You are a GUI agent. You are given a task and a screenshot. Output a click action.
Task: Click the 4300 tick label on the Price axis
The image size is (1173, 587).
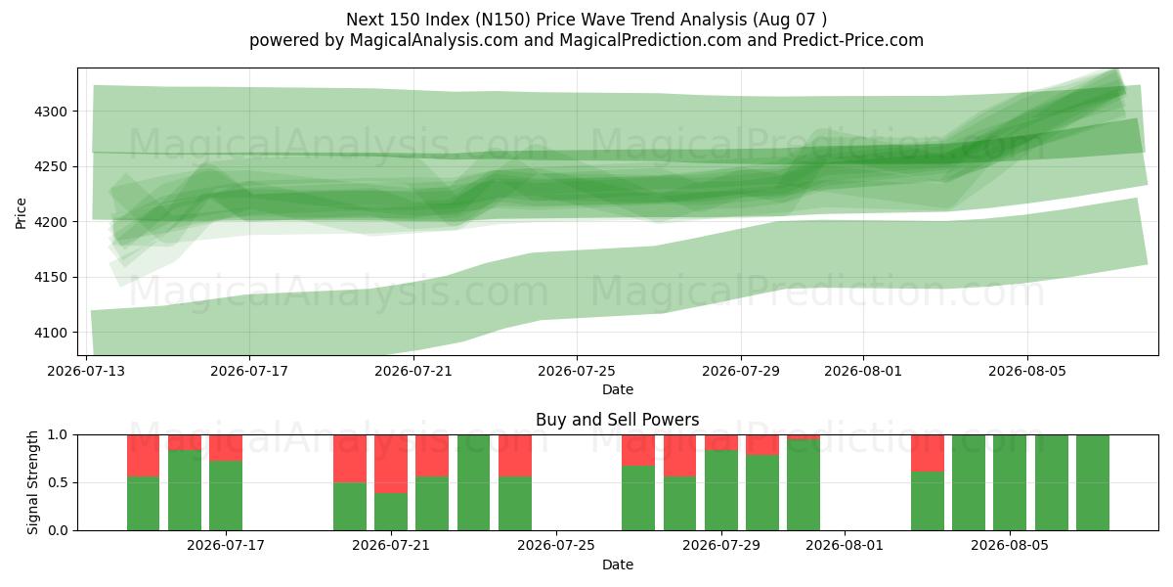(x=51, y=112)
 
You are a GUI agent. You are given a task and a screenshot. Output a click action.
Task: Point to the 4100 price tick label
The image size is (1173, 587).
(x=51, y=333)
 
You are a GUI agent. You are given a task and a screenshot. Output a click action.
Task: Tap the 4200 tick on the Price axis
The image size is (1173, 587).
(x=51, y=222)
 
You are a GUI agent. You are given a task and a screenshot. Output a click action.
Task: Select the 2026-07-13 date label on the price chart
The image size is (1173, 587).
(x=86, y=371)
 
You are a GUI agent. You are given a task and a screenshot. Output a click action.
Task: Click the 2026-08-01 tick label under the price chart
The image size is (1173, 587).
(x=863, y=371)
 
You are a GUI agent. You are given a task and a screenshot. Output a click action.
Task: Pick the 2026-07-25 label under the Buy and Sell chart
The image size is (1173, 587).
(x=556, y=546)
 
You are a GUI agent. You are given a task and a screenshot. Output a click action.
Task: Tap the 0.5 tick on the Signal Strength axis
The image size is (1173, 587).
(x=58, y=482)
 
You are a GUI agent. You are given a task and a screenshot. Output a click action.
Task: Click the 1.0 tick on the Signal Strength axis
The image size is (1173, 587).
(x=58, y=435)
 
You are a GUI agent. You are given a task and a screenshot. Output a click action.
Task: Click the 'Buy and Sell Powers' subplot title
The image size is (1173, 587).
(x=618, y=420)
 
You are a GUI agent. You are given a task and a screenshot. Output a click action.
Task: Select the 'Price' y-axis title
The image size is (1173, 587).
(x=21, y=213)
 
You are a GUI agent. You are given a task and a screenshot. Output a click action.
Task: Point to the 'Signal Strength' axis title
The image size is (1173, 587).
(x=32, y=482)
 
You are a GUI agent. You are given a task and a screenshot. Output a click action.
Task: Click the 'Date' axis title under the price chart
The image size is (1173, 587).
(x=618, y=389)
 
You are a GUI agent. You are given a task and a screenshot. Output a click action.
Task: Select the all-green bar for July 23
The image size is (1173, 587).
(x=473, y=482)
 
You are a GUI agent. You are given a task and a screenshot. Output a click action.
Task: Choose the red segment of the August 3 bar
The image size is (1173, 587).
(x=928, y=453)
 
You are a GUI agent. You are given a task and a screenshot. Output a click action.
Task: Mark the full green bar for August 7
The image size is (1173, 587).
(x=1093, y=482)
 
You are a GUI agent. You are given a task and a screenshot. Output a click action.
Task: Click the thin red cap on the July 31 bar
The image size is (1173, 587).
(x=804, y=437)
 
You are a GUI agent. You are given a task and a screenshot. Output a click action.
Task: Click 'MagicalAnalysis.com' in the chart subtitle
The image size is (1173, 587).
(x=434, y=40)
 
